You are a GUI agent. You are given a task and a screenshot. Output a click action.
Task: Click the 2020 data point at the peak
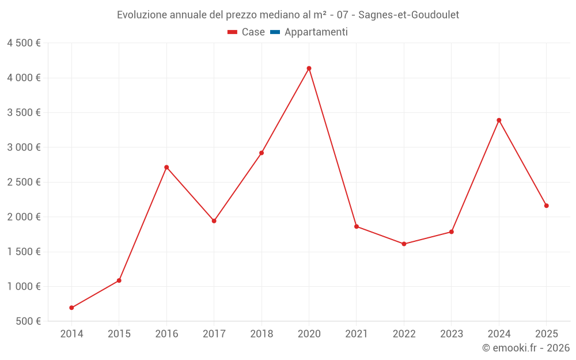click(309, 69)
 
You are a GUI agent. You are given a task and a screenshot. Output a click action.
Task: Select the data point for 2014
click(71, 308)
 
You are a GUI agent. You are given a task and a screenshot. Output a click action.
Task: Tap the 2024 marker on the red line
click(499, 120)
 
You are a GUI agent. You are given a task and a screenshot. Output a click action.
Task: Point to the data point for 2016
click(166, 167)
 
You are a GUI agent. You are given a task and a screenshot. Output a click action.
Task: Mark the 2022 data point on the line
click(404, 244)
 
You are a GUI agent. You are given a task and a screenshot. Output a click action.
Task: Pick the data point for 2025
click(546, 206)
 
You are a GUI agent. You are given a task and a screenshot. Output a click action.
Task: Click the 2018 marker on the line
click(262, 153)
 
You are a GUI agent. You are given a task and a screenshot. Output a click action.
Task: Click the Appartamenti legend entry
click(316, 32)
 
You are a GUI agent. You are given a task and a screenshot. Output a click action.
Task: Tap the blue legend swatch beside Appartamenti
click(274, 32)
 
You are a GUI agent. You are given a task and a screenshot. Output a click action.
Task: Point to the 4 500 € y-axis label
click(24, 43)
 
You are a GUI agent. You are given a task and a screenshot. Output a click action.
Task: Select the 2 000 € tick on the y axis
click(24, 217)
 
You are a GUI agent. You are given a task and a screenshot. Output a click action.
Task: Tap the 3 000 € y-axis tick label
click(24, 147)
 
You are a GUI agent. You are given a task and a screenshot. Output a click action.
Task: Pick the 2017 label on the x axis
click(214, 334)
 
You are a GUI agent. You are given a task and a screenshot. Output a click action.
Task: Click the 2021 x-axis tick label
click(357, 334)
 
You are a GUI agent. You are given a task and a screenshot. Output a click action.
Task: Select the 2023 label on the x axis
click(452, 334)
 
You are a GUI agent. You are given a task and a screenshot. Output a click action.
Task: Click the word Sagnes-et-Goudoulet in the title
click(408, 15)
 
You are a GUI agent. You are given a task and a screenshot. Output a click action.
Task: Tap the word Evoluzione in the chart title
click(142, 15)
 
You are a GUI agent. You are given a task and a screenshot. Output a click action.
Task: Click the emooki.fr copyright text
click(526, 348)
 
